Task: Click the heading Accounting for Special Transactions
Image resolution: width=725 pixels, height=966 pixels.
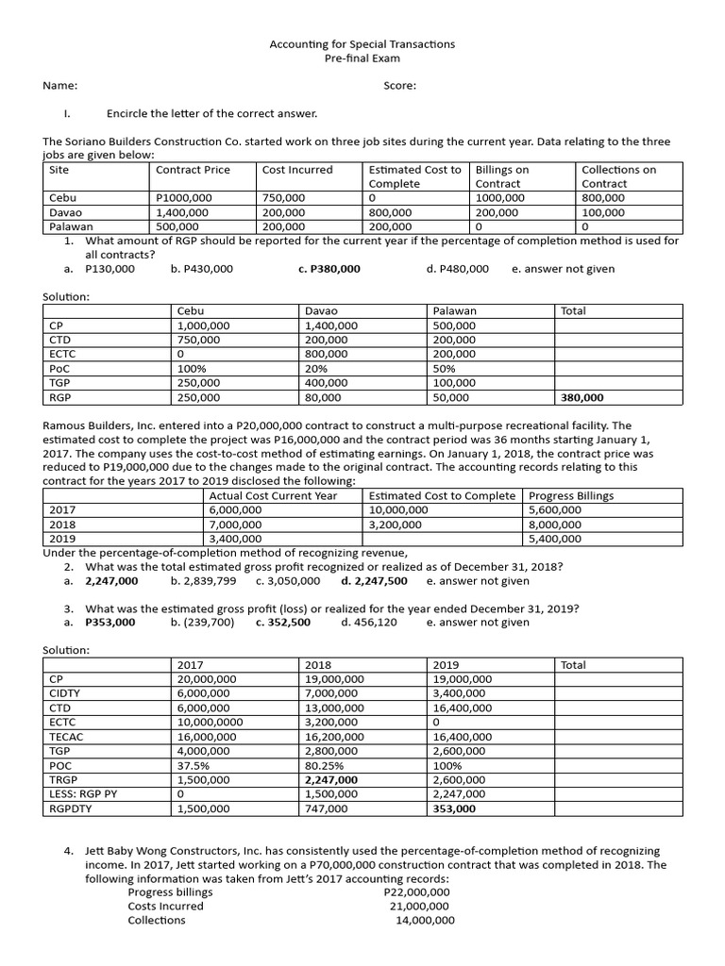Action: click(362, 43)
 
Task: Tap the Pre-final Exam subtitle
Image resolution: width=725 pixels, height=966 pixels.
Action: click(362, 58)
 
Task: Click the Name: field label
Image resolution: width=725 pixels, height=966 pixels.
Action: click(59, 86)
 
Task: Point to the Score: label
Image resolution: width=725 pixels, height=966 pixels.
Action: click(400, 86)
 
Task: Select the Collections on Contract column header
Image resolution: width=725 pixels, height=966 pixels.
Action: click(618, 176)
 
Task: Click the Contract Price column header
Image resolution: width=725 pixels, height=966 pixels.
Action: click(193, 170)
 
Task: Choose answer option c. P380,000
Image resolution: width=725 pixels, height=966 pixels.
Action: click(329, 269)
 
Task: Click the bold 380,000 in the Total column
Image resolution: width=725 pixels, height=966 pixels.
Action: click(583, 398)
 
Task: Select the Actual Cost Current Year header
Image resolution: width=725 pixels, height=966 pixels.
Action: click(273, 495)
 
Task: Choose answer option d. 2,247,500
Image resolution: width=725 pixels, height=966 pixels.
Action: click(374, 581)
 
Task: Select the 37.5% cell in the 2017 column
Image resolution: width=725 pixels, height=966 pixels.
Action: click(194, 766)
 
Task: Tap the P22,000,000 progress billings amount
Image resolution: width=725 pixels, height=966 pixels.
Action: click(417, 891)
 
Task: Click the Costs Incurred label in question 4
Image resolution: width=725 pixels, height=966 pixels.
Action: click(165, 906)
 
